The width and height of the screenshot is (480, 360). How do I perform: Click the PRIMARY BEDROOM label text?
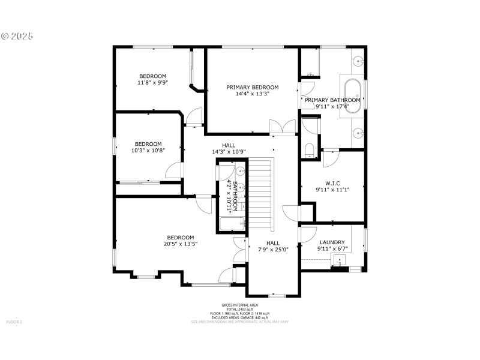click(x=252, y=87)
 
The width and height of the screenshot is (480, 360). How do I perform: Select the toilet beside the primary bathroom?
click(x=309, y=149)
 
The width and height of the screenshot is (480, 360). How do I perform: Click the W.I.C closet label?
click(x=332, y=183)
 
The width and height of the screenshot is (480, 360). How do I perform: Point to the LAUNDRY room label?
click(x=332, y=242)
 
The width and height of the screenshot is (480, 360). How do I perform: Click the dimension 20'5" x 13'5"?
click(x=180, y=244)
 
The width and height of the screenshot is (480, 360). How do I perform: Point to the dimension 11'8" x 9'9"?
click(x=152, y=83)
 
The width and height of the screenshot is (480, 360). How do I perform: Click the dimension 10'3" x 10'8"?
click(x=148, y=151)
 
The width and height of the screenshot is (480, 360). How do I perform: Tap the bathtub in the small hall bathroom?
click(x=232, y=225)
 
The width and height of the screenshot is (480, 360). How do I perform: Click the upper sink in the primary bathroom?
click(x=358, y=61)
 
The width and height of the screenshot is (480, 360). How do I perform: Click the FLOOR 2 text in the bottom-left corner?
click(x=14, y=322)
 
